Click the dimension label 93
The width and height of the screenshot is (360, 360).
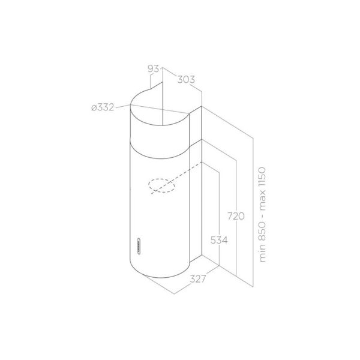[x=153, y=68]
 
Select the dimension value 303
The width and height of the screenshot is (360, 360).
[x=186, y=79]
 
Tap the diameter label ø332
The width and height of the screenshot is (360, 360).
[x=103, y=107]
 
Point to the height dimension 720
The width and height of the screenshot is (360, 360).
[x=236, y=216]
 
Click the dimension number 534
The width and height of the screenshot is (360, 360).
[x=219, y=241]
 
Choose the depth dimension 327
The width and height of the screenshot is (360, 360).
[x=198, y=279]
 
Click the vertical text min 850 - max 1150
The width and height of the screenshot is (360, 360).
[x=262, y=215]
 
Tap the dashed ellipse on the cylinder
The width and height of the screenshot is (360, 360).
[x=161, y=185]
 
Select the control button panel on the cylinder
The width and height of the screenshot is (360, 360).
[x=139, y=246]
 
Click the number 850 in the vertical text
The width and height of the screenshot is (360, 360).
[x=262, y=232]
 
